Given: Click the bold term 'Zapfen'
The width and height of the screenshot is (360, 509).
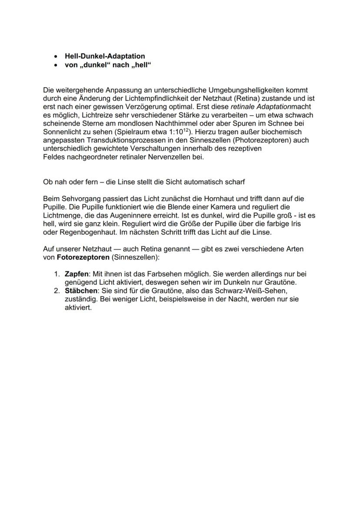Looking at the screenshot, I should (76, 274).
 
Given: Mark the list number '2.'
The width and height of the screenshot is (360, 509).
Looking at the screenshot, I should (57, 291).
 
